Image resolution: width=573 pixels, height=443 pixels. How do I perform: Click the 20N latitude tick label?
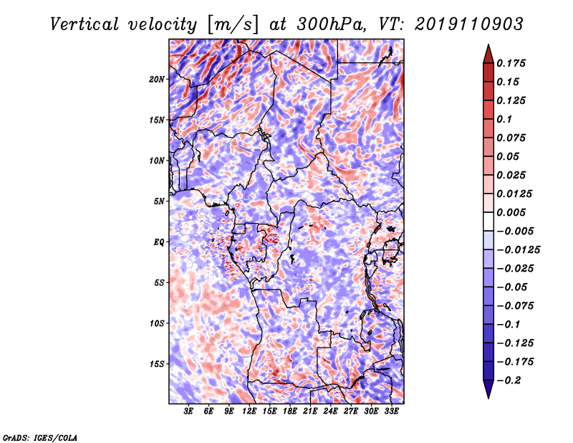(x=157, y=80)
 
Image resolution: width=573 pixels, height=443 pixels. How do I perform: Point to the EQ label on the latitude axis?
(x=159, y=242)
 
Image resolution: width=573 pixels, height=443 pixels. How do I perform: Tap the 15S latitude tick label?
(x=157, y=364)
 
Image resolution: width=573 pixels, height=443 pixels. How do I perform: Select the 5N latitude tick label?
(x=159, y=201)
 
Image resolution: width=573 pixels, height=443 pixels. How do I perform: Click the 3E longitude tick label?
(x=188, y=411)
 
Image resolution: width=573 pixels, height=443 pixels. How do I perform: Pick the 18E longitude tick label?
(x=290, y=411)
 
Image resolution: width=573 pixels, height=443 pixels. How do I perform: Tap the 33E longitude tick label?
(x=391, y=411)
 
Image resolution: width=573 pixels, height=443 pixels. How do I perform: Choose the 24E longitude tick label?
(x=330, y=411)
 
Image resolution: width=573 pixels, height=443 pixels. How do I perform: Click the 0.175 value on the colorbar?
(x=511, y=63)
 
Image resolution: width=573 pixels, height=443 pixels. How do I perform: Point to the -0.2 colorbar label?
(x=509, y=381)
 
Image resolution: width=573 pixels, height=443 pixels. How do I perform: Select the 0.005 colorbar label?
(x=511, y=212)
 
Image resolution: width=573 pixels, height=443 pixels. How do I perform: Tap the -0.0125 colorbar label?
(x=518, y=250)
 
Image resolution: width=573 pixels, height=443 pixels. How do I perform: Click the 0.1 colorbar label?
(x=504, y=119)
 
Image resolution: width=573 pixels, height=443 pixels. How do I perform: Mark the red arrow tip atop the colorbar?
(x=488, y=44)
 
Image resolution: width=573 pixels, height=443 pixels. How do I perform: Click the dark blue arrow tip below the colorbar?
(x=488, y=398)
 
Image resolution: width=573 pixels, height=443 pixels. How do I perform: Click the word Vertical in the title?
(x=85, y=24)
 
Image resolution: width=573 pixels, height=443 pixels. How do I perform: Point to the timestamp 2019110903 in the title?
(x=469, y=24)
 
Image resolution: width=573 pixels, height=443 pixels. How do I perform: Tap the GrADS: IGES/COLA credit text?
(x=40, y=437)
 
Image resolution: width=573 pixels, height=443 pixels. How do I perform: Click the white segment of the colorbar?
(x=488, y=221)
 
